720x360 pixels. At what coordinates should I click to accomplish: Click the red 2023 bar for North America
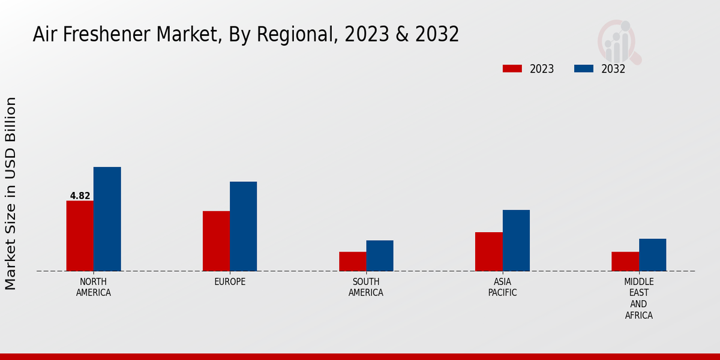80,236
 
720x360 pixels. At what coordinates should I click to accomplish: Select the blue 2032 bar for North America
107,219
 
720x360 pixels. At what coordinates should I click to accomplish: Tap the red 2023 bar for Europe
216,241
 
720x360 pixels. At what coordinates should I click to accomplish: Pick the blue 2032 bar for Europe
244,226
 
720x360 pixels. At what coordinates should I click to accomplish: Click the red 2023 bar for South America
352,261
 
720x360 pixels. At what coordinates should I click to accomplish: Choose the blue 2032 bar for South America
380,256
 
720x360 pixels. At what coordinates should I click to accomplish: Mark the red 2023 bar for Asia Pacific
488,251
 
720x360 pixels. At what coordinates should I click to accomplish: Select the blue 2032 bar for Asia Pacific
516,240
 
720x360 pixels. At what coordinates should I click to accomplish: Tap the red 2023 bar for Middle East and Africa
625,261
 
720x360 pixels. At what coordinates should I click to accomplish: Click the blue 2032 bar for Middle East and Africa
653,254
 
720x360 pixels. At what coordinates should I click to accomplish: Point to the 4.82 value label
80,196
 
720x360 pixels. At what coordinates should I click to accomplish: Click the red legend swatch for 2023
512,68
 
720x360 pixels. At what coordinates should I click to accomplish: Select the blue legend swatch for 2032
583,68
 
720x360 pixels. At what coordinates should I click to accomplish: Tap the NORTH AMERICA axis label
94,287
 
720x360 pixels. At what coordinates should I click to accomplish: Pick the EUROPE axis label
230,281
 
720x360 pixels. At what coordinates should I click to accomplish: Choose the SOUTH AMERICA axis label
366,287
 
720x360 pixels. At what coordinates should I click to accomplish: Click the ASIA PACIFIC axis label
502,287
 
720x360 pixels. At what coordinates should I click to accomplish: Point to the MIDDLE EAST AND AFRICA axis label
638,298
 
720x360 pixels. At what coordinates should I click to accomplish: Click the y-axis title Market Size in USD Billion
11,193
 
